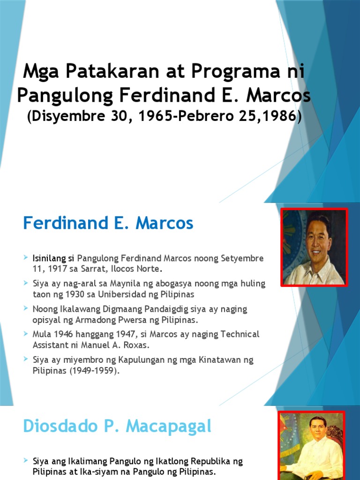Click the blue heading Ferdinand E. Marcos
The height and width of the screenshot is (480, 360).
(x=108, y=223)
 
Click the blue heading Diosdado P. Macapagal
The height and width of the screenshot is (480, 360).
(x=117, y=427)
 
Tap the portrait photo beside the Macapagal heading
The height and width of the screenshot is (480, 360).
(x=311, y=445)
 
